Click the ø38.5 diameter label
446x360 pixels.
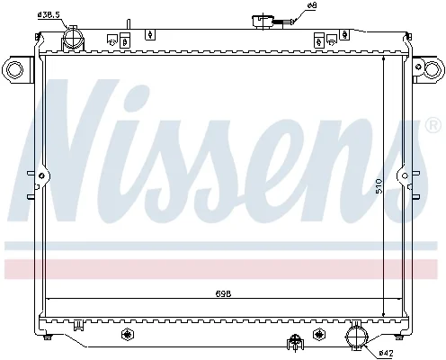click(49, 14)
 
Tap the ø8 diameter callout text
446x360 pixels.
click(304, 5)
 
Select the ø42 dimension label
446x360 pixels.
click(386, 353)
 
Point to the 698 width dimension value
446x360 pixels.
click(223, 293)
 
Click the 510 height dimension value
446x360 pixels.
click(379, 185)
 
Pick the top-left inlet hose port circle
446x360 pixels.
click(73, 38)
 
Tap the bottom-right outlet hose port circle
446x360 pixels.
click(357, 337)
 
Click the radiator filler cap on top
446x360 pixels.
click(263, 22)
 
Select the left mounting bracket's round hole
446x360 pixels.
click(14, 69)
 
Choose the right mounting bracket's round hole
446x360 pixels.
click(432, 69)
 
